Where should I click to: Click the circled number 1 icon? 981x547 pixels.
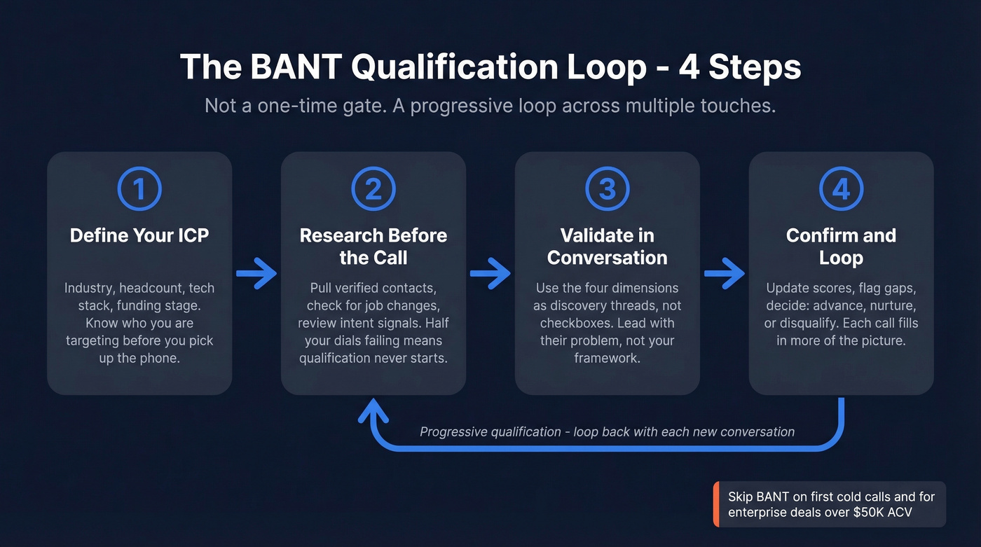[x=139, y=189]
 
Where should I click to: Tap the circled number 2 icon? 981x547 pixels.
[x=373, y=189]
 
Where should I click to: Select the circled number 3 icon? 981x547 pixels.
[x=608, y=189]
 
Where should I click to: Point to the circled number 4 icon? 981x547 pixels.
[x=842, y=189]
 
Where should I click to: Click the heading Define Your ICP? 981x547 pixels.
[x=139, y=235]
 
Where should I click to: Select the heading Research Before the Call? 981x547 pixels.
[x=373, y=246]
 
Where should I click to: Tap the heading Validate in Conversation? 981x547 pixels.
[x=608, y=246]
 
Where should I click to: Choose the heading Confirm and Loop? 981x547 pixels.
[x=842, y=246]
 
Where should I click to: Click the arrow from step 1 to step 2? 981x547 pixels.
[x=256, y=273]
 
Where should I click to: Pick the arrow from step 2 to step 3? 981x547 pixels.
[x=490, y=273]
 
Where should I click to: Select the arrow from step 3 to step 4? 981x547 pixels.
[x=725, y=273]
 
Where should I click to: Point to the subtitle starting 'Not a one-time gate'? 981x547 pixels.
[x=490, y=106]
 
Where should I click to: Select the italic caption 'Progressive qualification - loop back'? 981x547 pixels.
[x=607, y=431]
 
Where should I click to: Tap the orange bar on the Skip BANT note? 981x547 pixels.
[x=716, y=504]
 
